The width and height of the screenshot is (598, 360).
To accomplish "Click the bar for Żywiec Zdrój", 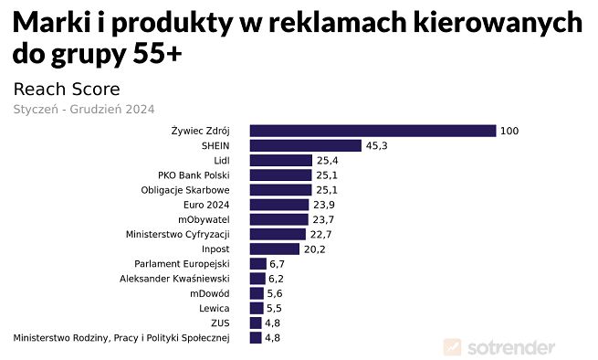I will [x=372, y=131].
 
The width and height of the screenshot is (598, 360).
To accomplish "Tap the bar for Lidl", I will [x=280, y=160].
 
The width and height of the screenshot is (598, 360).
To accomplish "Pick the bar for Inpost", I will [x=274, y=249].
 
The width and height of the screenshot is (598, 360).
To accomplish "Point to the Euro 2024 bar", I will [x=278, y=205].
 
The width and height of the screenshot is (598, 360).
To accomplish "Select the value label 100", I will [x=509, y=131].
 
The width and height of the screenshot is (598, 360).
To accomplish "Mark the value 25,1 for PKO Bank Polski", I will [x=328, y=175].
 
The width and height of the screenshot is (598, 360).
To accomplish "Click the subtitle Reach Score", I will [x=66, y=90].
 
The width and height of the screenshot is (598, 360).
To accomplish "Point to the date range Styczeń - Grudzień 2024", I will [x=83, y=109].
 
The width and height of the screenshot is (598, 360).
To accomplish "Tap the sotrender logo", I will [x=498, y=347].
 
